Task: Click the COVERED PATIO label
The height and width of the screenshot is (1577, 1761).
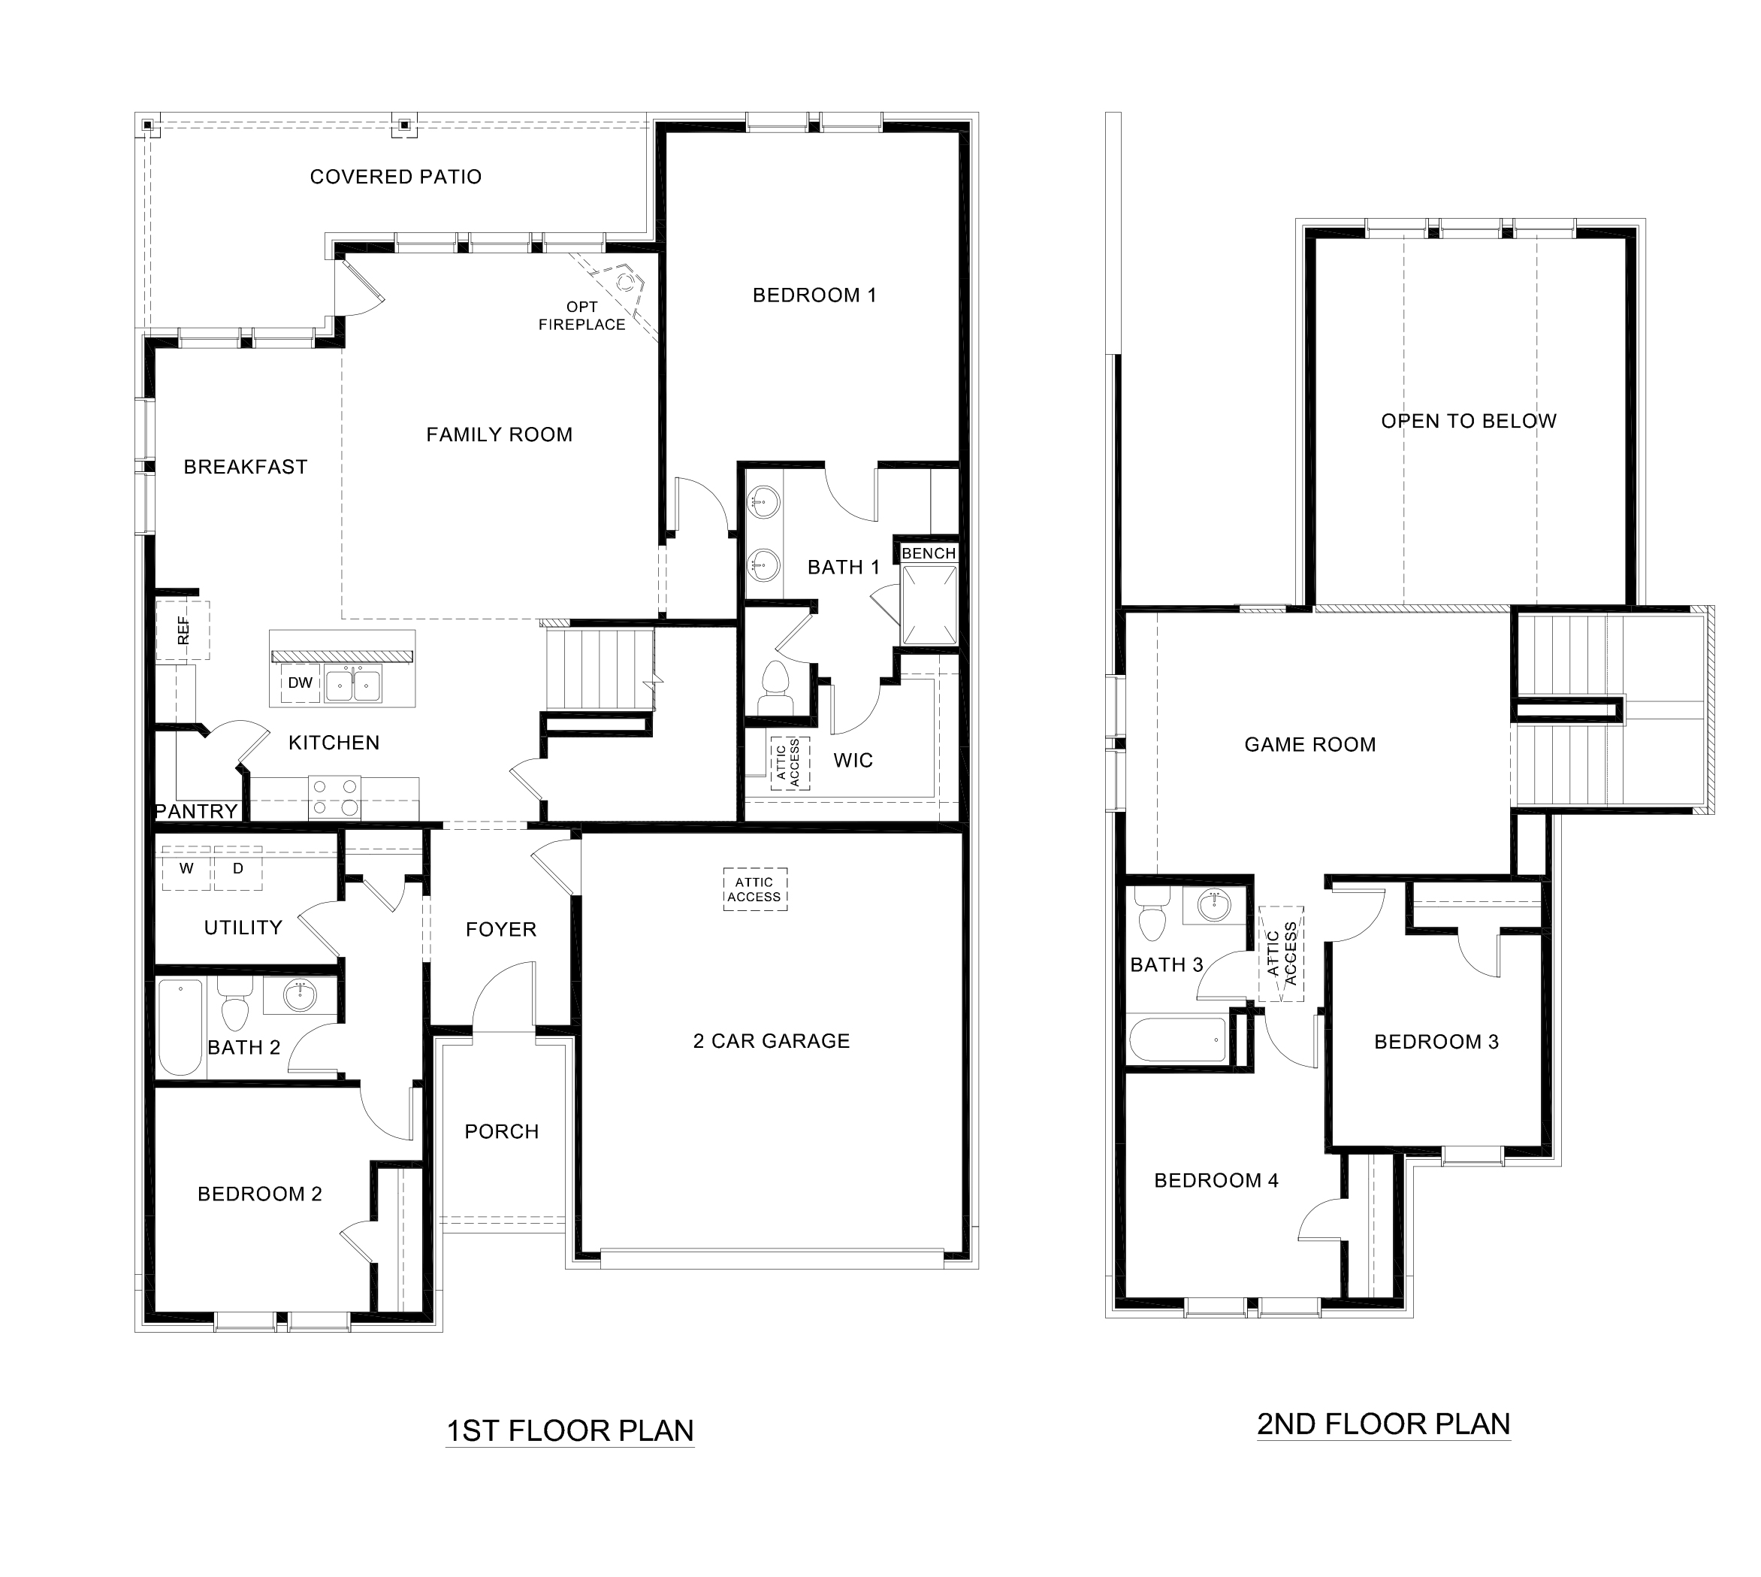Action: [x=395, y=177]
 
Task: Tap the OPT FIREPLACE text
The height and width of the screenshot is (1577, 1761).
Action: [x=581, y=316]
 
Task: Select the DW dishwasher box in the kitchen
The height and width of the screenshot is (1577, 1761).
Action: [x=300, y=683]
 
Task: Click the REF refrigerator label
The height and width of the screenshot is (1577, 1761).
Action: [x=183, y=630]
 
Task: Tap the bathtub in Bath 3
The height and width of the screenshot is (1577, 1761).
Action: [x=1178, y=1040]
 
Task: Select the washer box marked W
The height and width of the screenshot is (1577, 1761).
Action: [x=186, y=868]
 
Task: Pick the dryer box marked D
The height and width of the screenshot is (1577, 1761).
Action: [x=238, y=868]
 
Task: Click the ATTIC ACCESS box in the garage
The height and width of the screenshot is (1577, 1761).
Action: [x=754, y=889]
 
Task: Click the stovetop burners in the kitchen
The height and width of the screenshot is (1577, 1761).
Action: [x=335, y=798]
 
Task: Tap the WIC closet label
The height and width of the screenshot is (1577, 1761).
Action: [x=853, y=761]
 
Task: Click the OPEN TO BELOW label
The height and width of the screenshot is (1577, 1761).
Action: [x=1468, y=421]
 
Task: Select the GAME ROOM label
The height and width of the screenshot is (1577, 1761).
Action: [x=1309, y=744]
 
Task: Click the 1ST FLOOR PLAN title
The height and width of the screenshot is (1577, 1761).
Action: [x=570, y=1430]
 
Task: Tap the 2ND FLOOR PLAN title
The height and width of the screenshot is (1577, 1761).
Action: [x=1383, y=1424]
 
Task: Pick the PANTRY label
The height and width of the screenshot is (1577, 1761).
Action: [x=197, y=812]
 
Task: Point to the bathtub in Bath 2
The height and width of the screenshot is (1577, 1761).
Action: [x=180, y=1028]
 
